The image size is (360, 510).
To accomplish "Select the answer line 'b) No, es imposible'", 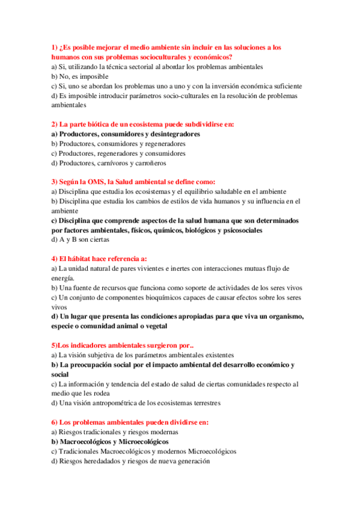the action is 79,76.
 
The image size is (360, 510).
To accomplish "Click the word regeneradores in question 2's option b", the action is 163,144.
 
